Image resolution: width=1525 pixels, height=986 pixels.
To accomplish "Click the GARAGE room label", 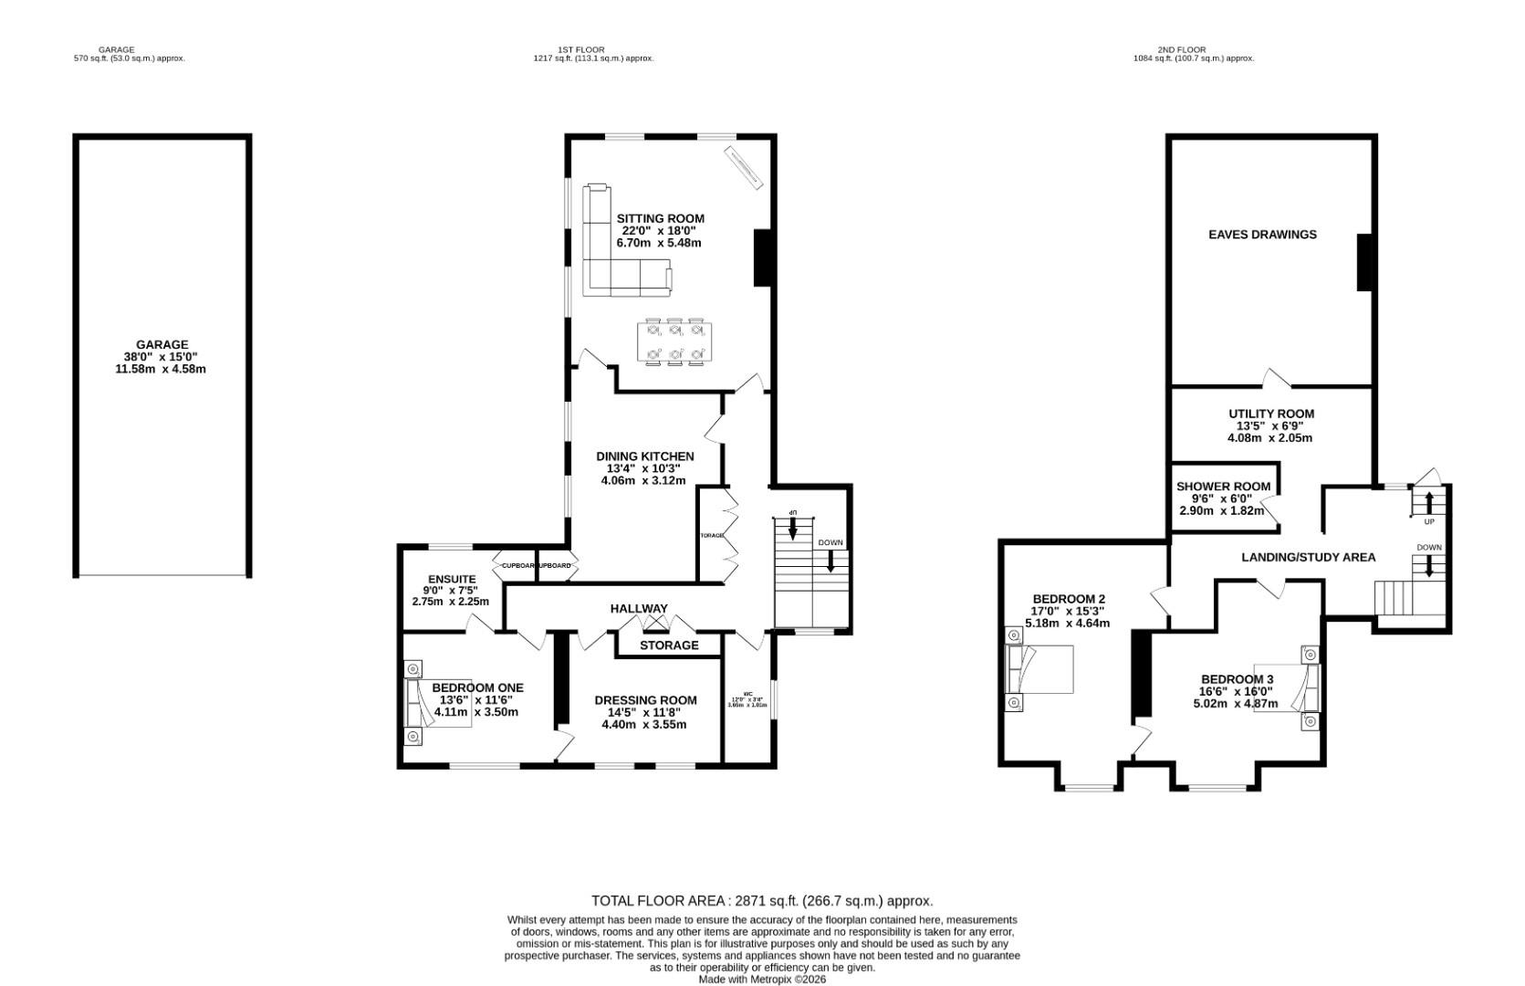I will point(162,345).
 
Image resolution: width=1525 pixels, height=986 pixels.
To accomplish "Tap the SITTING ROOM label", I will point(660,219).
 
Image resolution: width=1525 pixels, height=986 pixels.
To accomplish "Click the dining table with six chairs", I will point(674,341).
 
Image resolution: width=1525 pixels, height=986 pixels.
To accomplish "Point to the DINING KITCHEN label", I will point(644,456).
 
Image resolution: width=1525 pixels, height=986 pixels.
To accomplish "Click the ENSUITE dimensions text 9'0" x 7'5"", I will point(452,591).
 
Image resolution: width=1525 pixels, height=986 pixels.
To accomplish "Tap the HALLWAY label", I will point(639,609).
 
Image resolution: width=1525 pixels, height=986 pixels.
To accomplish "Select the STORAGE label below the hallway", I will point(669,645).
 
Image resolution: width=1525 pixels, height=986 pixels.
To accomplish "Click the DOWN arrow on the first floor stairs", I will point(830,559).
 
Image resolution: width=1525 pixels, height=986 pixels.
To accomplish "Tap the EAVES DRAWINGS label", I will point(1262,235).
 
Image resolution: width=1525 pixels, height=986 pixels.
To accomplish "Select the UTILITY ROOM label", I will point(1270,414).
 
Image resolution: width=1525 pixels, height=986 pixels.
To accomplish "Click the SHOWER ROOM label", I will point(1223,487).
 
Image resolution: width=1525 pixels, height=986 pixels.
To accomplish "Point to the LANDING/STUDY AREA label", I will point(1308,557).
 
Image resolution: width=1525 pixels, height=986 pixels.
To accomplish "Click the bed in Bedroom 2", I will point(1040,669).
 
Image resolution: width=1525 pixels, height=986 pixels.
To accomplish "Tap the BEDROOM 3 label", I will point(1237,679).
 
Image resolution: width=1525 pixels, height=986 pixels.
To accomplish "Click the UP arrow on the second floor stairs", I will point(1428,503).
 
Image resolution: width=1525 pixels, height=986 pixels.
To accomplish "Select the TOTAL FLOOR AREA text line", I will point(762,901).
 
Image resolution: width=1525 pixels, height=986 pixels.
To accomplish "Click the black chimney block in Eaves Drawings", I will point(1364,263).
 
